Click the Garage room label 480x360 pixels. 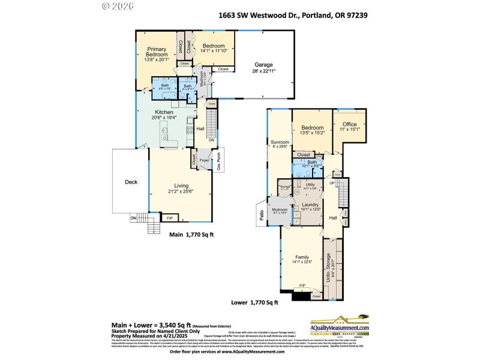(x=263, y=65)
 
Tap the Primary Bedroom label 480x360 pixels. (x=157, y=52)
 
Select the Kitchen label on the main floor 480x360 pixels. (x=164, y=112)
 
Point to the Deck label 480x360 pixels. (x=131, y=182)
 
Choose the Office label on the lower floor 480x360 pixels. (x=350, y=125)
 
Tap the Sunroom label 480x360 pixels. (x=280, y=142)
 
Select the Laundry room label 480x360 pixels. (x=310, y=205)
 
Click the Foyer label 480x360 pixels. (x=204, y=161)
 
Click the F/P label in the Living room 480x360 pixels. (x=170, y=218)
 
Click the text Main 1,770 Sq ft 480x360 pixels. (x=191, y=235)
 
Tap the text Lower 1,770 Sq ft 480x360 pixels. (x=256, y=303)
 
